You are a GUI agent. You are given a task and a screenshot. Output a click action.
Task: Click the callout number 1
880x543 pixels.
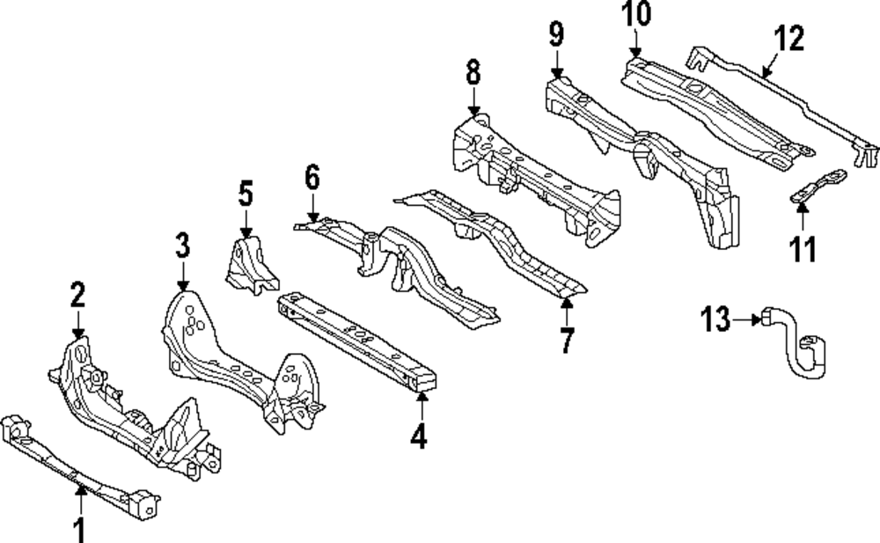(x=80, y=529)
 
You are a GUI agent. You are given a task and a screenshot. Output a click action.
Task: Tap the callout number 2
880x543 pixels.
(x=78, y=295)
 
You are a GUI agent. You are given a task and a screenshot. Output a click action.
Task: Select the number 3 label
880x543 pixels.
(x=182, y=246)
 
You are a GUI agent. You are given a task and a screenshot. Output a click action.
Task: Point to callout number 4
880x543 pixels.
(x=419, y=437)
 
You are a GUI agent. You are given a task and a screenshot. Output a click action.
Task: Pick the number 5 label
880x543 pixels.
(x=246, y=193)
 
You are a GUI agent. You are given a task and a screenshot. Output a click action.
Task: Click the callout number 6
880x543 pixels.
(x=312, y=177)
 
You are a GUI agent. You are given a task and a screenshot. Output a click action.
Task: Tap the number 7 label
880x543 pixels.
(x=567, y=341)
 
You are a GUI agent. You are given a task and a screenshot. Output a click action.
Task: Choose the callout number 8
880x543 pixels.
(x=473, y=72)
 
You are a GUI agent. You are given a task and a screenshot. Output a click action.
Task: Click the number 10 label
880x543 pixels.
(x=636, y=13)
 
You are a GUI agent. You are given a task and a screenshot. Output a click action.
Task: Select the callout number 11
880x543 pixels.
(x=803, y=249)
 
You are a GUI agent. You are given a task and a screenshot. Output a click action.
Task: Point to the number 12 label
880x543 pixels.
(x=789, y=38)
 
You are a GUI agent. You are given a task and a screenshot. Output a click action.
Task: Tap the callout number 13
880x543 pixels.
(x=715, y=319)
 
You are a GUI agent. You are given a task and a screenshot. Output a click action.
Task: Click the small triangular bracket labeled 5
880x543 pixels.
(x=250, y=265)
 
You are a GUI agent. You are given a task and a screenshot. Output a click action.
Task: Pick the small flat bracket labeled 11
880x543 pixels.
(x=818, y=187)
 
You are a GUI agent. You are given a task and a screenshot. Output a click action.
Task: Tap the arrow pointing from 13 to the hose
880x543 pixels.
(x=747, y=319)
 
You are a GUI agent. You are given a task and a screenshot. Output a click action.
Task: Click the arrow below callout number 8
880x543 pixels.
(x=473, y=101)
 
